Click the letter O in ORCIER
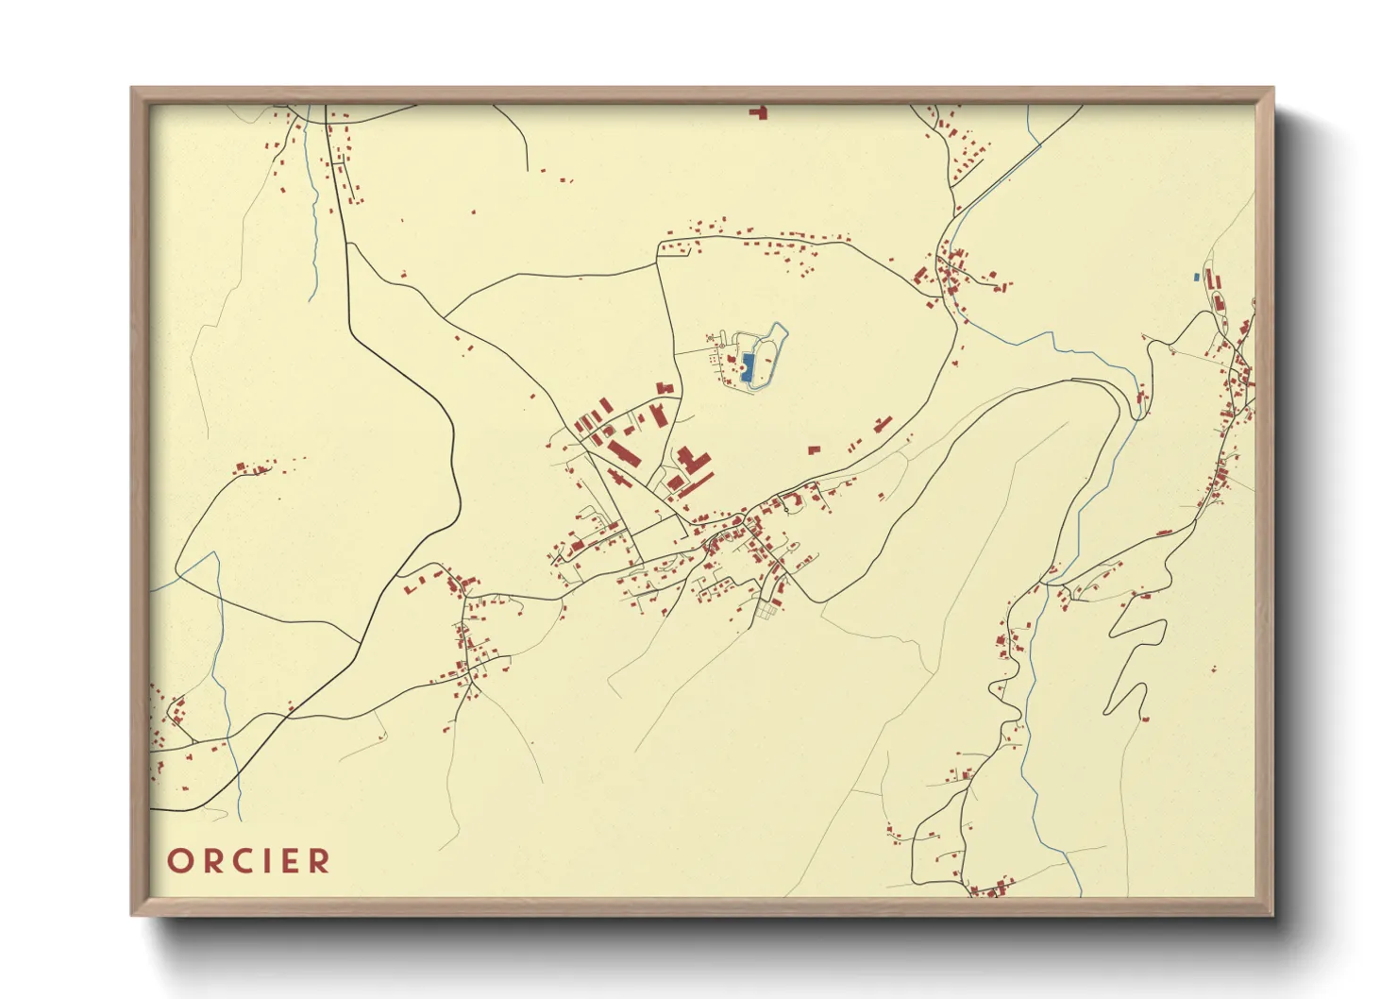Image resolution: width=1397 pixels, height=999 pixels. [179, 861]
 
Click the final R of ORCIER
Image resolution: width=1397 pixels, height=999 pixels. [321, 861]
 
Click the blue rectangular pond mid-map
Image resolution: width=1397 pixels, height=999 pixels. [748, 366]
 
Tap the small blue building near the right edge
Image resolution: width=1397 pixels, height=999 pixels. [1196, 277]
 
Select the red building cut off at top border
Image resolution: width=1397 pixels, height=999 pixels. [758, 112]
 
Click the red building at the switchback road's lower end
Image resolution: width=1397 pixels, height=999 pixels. [1146, 720]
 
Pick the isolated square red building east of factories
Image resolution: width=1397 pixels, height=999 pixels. [815, 449]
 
